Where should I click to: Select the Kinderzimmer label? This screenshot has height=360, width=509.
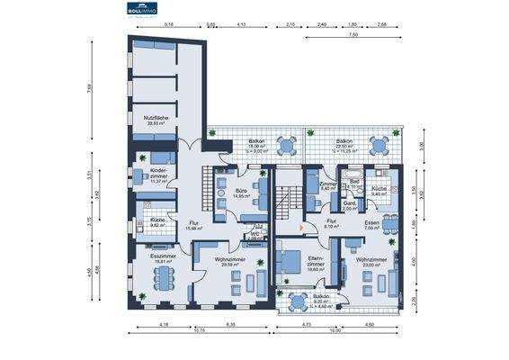159,173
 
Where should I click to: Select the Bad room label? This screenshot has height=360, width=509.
354,184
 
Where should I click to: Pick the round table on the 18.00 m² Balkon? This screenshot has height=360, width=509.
286,144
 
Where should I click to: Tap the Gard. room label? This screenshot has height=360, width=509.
348,204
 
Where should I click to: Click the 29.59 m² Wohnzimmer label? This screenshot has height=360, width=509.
226,262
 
